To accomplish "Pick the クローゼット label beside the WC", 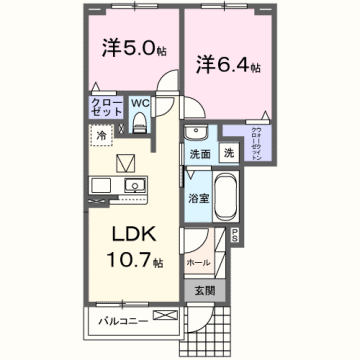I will pos(105,108).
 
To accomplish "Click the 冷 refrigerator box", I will pos(101,132).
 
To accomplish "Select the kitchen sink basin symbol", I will pos(132,186).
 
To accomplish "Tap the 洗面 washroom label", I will pos(199,155).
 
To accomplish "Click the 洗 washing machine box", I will pos(228,155).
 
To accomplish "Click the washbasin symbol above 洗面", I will pos(196,134).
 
